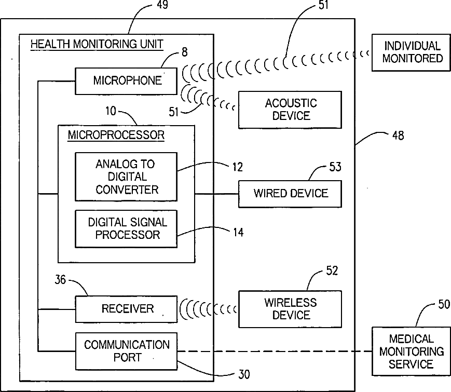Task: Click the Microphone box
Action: [126, 81]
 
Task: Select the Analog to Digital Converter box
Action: [126, 177]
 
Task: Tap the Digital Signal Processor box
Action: [126, 229]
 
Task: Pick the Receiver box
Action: [126, 309]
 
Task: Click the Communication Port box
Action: [126, 351]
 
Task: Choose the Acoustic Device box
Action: [290, 110]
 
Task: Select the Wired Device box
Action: [290, 194]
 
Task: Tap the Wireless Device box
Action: [290, 309]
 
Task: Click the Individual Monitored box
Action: [412, 52]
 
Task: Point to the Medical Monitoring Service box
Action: [412, 351]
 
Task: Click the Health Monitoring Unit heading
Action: [97, 44]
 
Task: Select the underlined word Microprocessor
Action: [116, 135]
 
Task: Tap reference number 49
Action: [162, 5]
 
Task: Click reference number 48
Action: [398, 136]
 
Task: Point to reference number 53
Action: [335, 167]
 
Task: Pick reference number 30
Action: [244, 374]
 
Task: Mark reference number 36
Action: [60, 279]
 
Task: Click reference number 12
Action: [238, 167]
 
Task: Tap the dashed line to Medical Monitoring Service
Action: [275, 351]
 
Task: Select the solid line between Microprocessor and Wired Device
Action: [216, 194]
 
